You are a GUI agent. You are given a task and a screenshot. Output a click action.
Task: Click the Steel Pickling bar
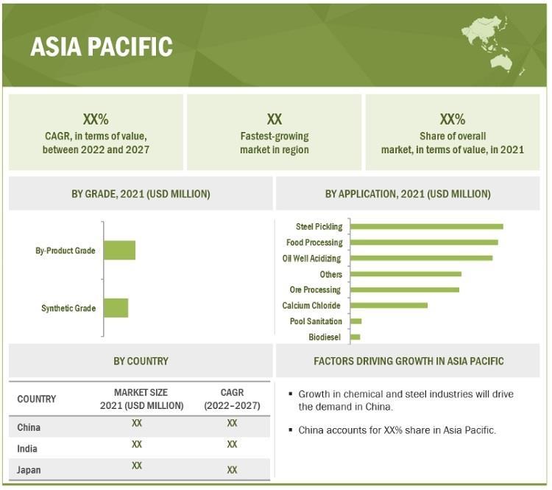click(x=427, y=226)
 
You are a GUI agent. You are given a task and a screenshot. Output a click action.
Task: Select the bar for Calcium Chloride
click(x=389, y=305)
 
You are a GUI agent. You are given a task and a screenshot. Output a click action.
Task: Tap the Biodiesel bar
click(x=355, y=337)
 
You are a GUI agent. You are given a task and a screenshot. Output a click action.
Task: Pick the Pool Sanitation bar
click(x=356, y=321)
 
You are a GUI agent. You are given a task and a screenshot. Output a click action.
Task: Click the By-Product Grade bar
click(x=120, y=251)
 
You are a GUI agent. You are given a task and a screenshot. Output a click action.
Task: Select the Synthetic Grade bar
click(x=116, y=308)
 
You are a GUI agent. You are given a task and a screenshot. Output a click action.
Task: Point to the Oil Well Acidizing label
click(x=311, y=259)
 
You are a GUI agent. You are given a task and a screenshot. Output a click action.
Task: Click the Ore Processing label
click(x=315, y=290)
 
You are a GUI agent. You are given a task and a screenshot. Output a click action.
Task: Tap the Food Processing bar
click(x=424, y=242)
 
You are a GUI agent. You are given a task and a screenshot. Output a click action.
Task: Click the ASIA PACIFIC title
click(x=102, y=46)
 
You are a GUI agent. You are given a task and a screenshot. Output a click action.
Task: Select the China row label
click(x=29, y=427)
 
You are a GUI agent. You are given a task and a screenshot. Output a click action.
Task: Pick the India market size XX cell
click(x=137, y=444)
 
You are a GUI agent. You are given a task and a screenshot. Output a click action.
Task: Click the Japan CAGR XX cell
click(x=232, y=469)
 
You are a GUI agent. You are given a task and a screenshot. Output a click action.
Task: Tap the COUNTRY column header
click(x=37, y=399)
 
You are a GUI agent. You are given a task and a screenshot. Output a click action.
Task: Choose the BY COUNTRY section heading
click(x=141, y=361)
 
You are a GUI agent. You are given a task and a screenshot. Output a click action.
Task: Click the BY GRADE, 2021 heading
click(x=141, y=194)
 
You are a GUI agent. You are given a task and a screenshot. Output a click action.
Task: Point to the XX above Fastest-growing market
click(x=275, y=119)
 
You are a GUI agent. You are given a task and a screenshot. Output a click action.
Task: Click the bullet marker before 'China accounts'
click(x=291, y=430)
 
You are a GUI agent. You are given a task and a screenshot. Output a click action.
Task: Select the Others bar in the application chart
click(x=406, y=274)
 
